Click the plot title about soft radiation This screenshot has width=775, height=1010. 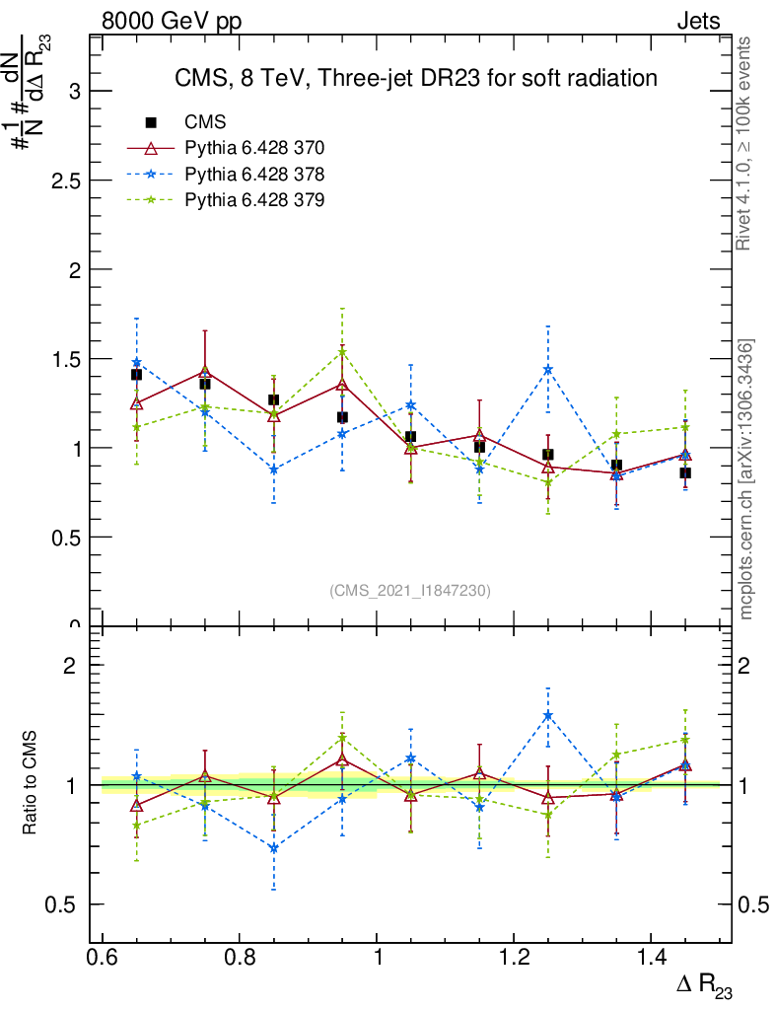pos(415,77)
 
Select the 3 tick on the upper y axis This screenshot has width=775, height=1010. pos(73,92)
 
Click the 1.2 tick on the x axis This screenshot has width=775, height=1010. pos(513,958)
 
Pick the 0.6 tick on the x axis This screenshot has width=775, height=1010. pos(103,958)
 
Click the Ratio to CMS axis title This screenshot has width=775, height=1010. pos(31,785)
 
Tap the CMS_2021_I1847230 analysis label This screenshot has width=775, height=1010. pos(410,590)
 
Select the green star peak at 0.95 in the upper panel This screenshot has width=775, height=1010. pos(342,352)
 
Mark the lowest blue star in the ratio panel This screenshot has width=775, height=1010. pos(274,847)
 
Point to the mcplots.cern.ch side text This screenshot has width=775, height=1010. pos(746,479)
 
